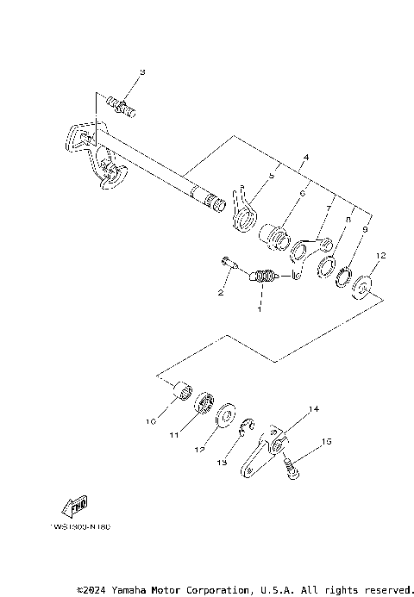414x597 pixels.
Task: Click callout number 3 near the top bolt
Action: coord(143,72)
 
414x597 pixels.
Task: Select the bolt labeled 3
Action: coord(123,106)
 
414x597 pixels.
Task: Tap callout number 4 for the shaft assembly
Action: coord(280,159)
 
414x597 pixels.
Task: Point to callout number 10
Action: coord(149,422)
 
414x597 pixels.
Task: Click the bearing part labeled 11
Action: coord(205,404)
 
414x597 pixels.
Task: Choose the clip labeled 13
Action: coord(247,424)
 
